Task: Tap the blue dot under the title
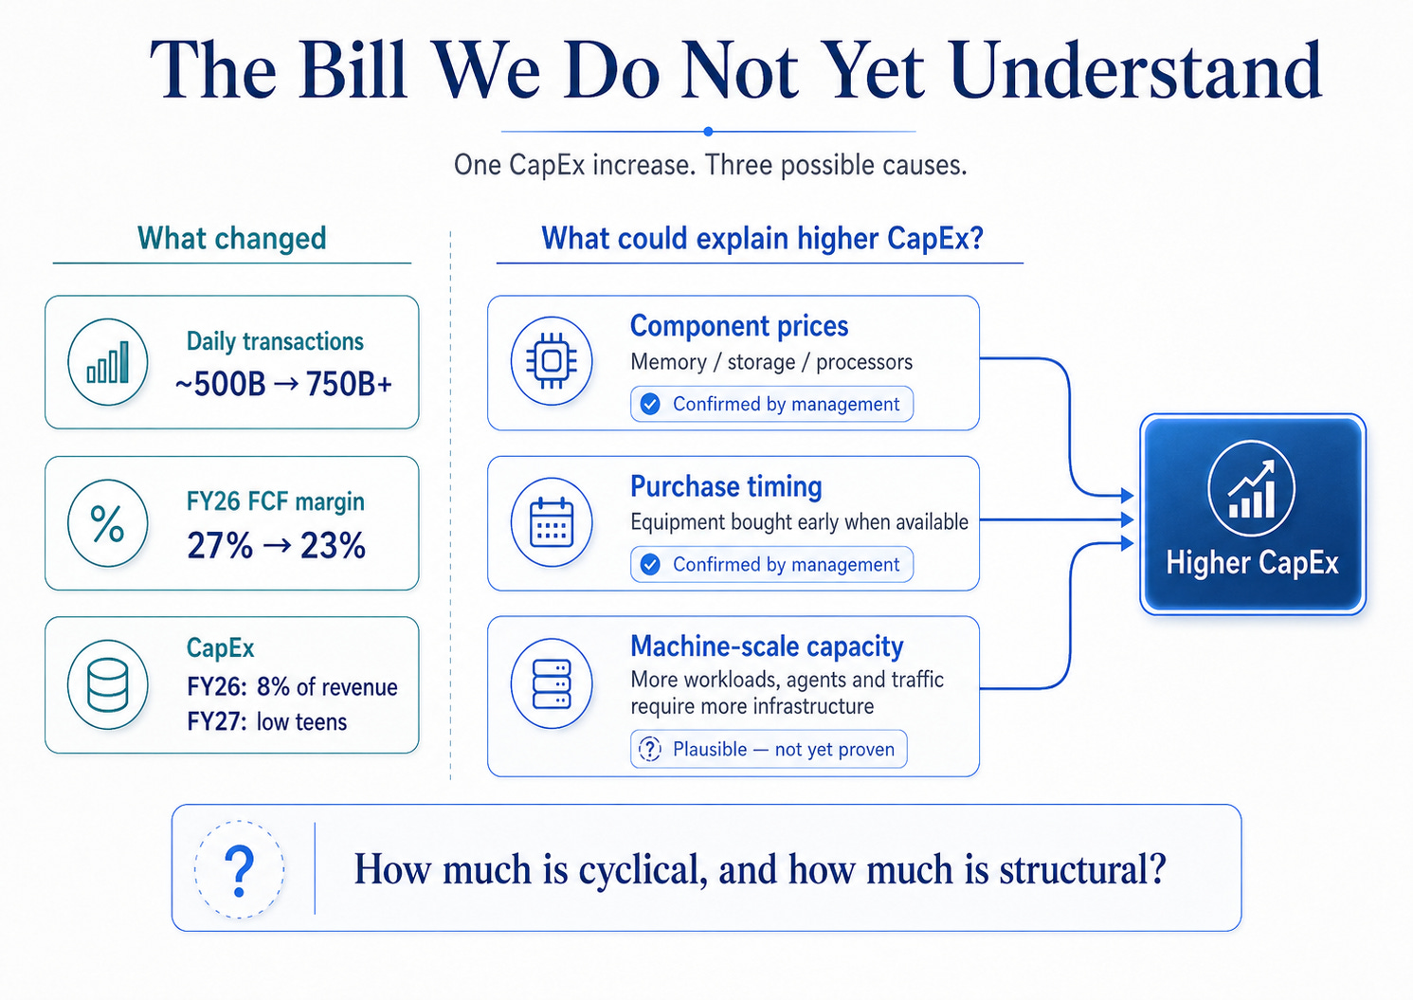708,131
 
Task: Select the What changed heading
231,239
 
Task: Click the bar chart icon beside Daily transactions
108,362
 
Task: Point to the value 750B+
349,384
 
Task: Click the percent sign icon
107,523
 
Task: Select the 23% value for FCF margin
333,545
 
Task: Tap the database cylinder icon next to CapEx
107,684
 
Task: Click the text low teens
301,721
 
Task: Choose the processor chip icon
552,361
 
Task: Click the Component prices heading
738,326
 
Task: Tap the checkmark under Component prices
650,404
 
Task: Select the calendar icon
552,521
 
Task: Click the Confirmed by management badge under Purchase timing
771,564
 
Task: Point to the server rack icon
552,684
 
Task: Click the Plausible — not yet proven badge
769,749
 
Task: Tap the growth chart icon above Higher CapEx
1252,488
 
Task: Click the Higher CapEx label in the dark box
1252,563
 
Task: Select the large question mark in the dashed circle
239,871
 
